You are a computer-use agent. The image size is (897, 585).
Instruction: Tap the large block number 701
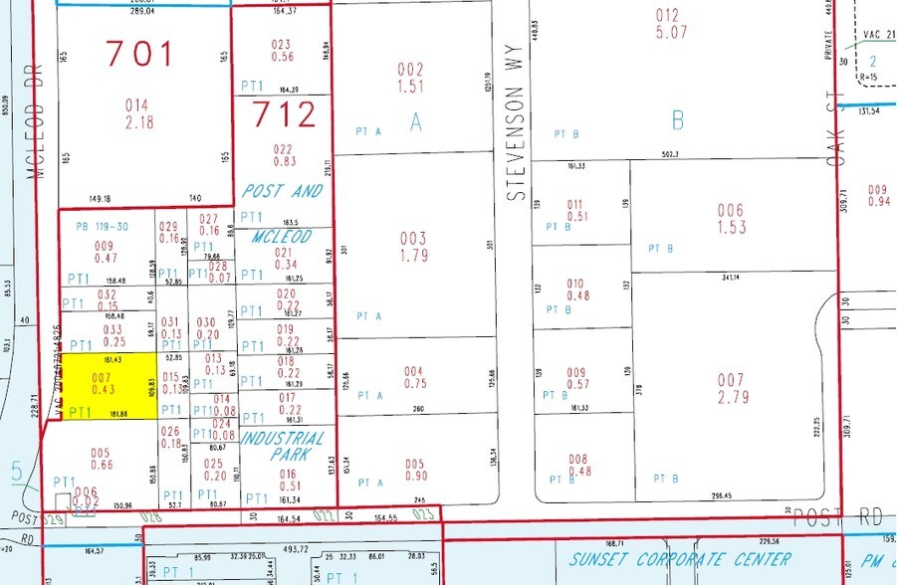(140, 52)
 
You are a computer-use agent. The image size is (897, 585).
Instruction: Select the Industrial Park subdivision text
(284, 447)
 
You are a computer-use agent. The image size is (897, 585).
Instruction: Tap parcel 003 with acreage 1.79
(412, 247)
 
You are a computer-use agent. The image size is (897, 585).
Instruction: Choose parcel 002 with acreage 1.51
(410, 78)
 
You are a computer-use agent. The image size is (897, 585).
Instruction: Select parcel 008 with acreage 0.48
(577, 466)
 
